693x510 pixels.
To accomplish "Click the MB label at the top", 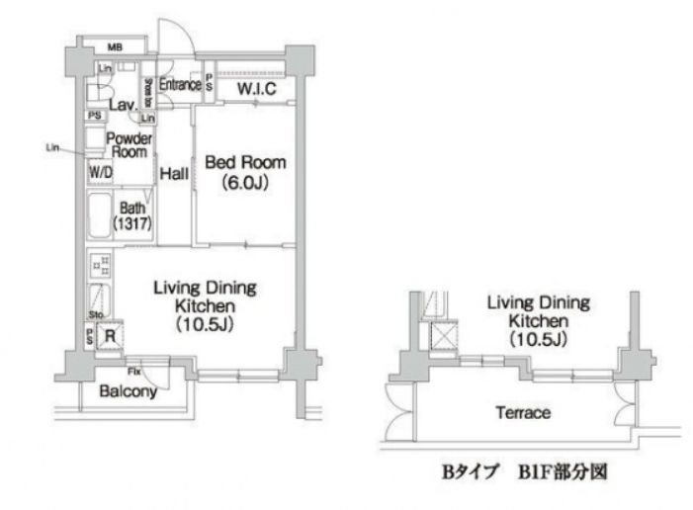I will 116,47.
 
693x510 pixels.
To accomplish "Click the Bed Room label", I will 245,162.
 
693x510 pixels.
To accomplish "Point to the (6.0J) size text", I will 245,182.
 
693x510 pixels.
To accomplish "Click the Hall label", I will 174,173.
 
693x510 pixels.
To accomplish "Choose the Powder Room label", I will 129,145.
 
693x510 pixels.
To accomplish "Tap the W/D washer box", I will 100,172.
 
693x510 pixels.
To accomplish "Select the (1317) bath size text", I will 132,224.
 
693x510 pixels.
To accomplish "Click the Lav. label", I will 123,104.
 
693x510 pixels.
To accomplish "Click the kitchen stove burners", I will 100,265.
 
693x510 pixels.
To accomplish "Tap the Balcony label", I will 129,391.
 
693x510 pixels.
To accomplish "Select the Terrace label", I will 524,412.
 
